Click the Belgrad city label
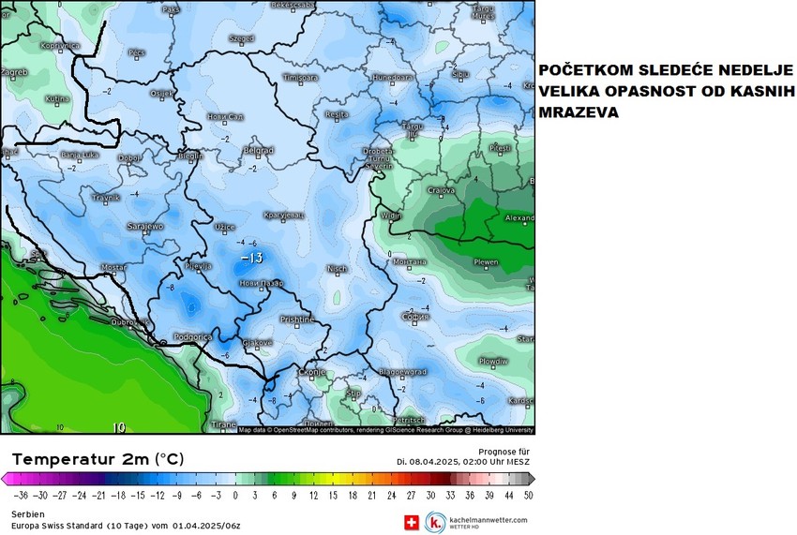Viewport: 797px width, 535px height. (258, 150)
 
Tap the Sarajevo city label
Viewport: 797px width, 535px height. (145, 227)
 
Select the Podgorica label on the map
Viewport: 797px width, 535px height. (193, 336)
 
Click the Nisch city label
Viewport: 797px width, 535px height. (337, 269)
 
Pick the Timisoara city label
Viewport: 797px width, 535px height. (301, 77)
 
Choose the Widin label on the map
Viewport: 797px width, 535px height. (391, 215)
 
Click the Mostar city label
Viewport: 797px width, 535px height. (113, 267)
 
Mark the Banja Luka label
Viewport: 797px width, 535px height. (79, 155)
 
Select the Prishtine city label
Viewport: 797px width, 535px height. (297, 320)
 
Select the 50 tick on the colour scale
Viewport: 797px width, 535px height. (528, 494)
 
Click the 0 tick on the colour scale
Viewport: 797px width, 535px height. (235, 494)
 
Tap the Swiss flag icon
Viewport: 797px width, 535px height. (411, 522)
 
